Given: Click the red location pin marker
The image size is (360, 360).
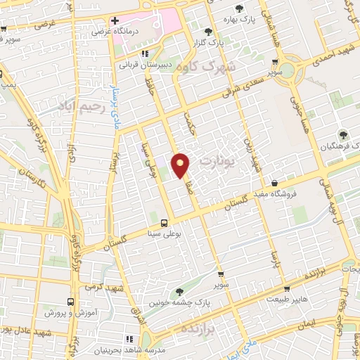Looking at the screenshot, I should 181,165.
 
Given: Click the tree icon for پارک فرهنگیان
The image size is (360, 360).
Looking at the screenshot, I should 344,135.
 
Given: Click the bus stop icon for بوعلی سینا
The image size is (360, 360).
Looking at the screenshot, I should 165,223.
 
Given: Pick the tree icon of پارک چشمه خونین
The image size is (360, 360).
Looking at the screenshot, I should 181,290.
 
